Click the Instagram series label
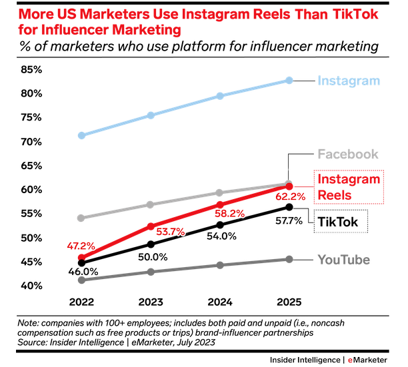click(x=349, y=81)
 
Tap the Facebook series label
click(x=347, y=155)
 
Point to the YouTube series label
click(x=343, y=260)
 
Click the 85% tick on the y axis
click(x=31, y=69)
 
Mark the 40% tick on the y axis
click(x=31, y=286)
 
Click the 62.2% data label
click(x=289, y=197)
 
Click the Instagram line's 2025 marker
click(x=289, y=81)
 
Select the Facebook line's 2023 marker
click(x=151, y=204)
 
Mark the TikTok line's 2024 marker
click(x=220, y=225)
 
